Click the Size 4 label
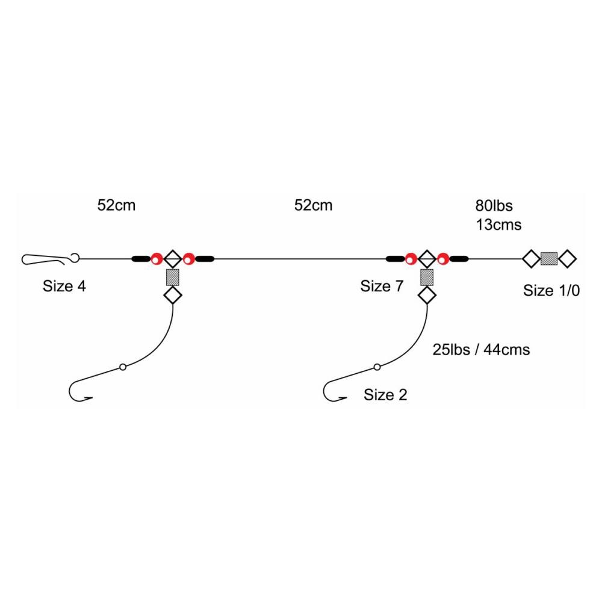64,286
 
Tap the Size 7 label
382,286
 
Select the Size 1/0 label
551,290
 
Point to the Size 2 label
385,395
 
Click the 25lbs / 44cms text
481,349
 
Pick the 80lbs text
494,206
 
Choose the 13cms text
498,225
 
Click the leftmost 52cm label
116,205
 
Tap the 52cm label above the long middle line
313,205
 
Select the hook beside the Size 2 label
334,392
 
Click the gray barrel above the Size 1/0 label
548,259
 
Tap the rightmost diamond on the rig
567,259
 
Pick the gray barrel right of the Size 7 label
427,277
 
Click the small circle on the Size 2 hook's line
377,367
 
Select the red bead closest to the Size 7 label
411,259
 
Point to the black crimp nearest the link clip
141,259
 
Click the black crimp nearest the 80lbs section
459,259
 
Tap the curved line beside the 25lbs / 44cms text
415,337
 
